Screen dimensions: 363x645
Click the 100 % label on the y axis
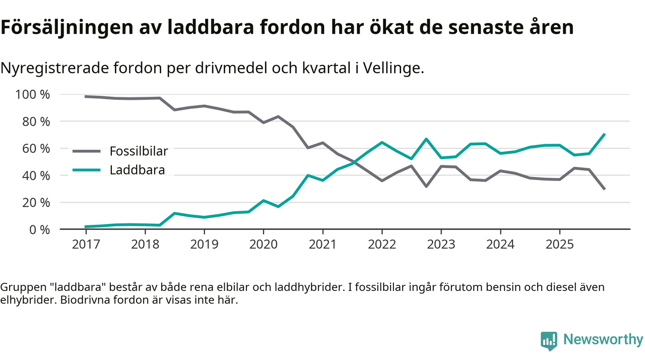pyautogui.click(x=33, y=95)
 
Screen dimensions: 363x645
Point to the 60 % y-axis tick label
pyautogui.click(x=36, y=149)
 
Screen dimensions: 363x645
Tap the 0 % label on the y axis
pyautogui.click(x=39, y=230)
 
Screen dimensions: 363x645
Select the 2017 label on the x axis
pyautogui.click(x=86, y=245)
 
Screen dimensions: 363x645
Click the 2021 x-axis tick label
pyautogui.click(x=322, y=245)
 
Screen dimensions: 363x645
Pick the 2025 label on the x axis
pyautogui.click(x=559, y=245)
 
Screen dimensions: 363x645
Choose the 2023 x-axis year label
pyautogui.click(x=441, y=245)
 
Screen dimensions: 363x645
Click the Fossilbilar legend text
pyautogui.click(x=139, y=151)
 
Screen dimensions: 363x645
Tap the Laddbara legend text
pyautogui.click(x=137, y=170)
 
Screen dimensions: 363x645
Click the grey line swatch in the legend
pyautogui.click(x=87, y=151)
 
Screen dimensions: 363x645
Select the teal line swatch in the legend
pyautogui.click(x=87, y=170)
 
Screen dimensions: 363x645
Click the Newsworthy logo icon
pyautogui.click(x=549, y=341)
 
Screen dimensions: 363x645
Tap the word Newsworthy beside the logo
pyautogui.click(x=603, y=340)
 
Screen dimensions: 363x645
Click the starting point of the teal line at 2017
pyautogui.click(x=86, y=227)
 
